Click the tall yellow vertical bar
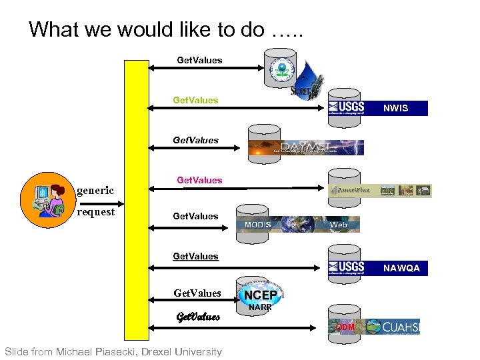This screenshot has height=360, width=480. click(x=137, y=200)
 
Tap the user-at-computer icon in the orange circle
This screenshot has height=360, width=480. click(x=46, y=200)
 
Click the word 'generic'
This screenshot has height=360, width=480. click(x=95, y=191)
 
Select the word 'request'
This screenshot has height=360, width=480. click(x=96, y=212)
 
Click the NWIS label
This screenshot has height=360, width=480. click(x=395, y=108)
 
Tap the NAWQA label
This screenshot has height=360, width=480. click(x=401, y=268)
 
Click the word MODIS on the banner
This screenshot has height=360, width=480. click(x=258, y=225)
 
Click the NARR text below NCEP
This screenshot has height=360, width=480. click(x=260, y=307)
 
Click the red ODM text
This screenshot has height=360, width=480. click(x=345, y=327)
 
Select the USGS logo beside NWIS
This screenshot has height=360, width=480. click(x=347, y=107)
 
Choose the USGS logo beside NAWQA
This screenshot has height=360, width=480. click(x=347, y=267)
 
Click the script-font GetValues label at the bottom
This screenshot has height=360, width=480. click(x=197, y=317)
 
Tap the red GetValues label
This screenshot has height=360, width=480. click(x=199, y=180)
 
